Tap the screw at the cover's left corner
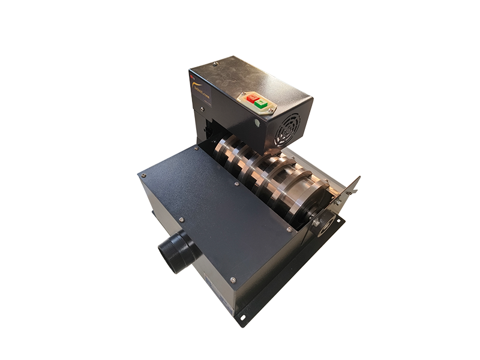coord(143,175)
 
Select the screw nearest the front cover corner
coord(233,280)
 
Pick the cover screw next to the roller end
coord(288,229)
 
